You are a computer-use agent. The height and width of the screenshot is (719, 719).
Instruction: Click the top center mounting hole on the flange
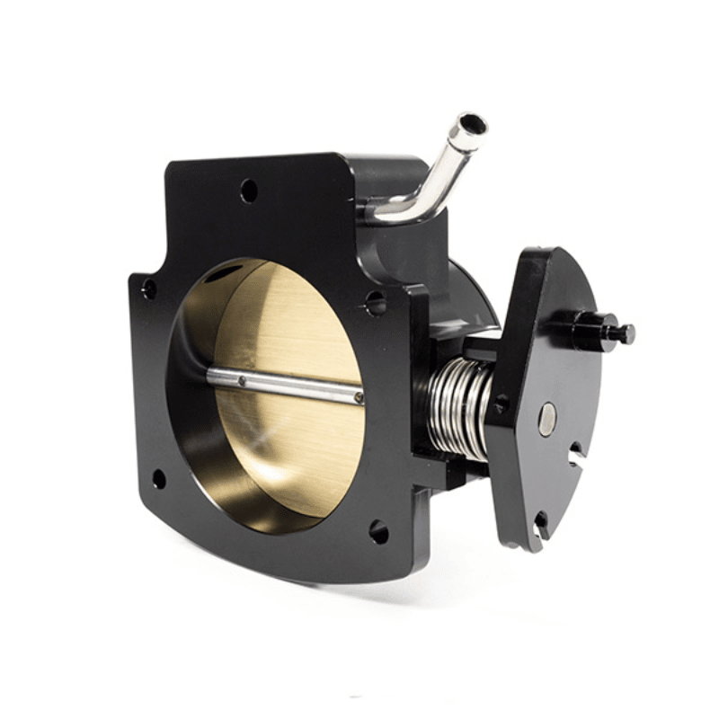pyautogui.click(x=249, y=191)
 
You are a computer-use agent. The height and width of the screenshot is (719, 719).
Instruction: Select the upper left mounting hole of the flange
pyautogui.click(x=149, y=289)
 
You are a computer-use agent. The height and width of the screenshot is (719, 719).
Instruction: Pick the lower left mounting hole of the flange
pyautogui.click(x=159, y=478)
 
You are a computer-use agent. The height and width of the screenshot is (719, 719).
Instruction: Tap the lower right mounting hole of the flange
pyautogui.click(x=379, y=531)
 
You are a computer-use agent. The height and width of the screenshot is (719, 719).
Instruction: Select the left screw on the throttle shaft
pyautogui.click(x=242, y=381)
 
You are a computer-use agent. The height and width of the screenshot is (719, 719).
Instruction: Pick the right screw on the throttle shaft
pyautogui.click(x=358, y=396)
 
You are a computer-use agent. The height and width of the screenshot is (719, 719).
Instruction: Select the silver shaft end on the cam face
pyautogui.click(x=546, y=419)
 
